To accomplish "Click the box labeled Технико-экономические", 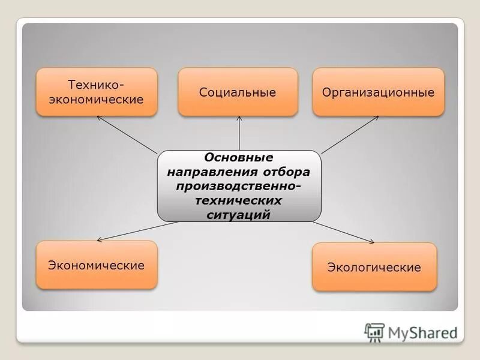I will [97, 92].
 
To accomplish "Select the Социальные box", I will [238, 92].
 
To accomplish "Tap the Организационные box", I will [378, 92].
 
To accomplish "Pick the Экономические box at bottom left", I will [97, 265].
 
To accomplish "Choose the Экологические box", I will [374, 267].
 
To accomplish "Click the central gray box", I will [239, 185].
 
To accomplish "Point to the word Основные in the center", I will [239, 158].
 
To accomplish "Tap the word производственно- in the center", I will [239, 186].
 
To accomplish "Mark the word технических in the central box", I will [239, 200].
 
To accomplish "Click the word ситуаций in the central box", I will [239, 214].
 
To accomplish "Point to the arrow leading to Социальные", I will [239, 133].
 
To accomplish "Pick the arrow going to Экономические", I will [137, 232].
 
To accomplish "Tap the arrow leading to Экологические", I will [343, 233].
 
